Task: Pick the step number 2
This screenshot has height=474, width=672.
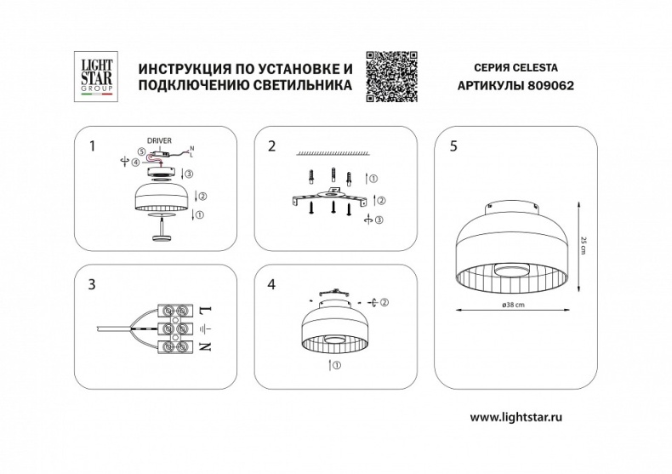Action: coord(272,146)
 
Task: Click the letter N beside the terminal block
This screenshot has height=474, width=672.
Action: coord(205,347)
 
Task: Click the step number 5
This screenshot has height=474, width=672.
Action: coord(453,146)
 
